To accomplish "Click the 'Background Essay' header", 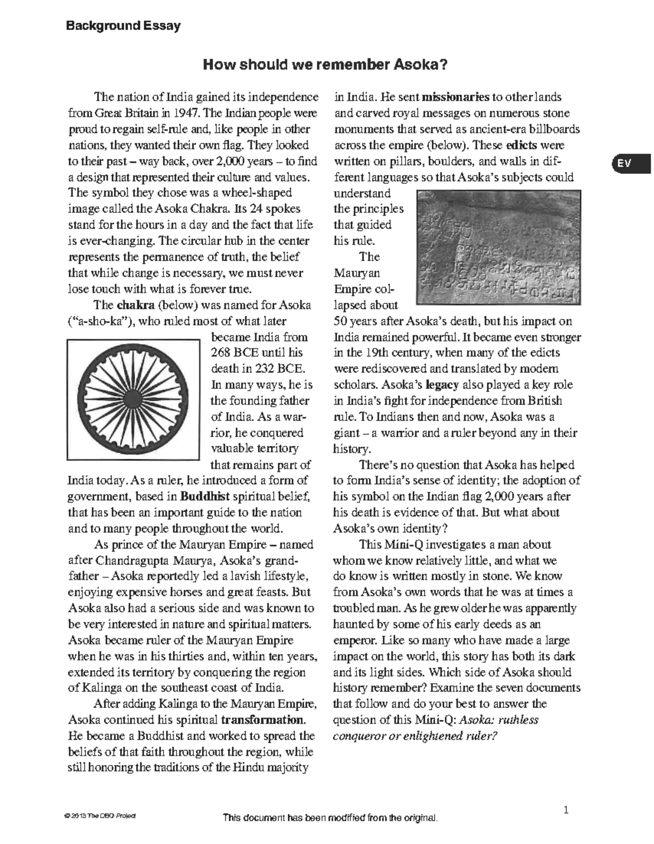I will point(123,26).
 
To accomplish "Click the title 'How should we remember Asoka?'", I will point(325,65).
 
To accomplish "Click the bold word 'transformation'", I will point(263,720).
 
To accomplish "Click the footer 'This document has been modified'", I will point(330,818).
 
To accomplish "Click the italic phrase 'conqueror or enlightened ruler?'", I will point(415,736).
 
